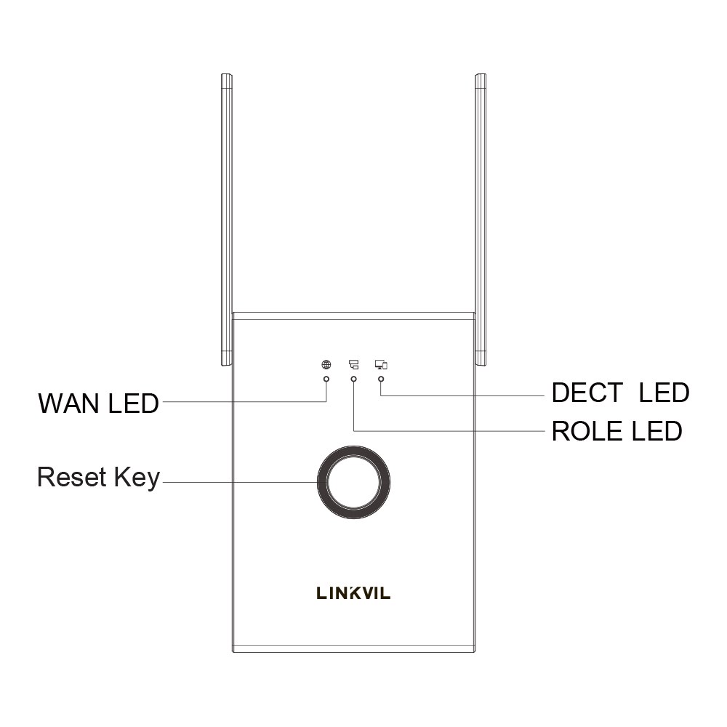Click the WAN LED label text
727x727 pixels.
point(98,403)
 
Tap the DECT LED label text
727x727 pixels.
point(620,393)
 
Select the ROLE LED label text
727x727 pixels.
point(617,431)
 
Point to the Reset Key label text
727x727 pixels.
point(98,477)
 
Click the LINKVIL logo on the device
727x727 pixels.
point(353,593)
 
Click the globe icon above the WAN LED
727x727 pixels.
point(326,365)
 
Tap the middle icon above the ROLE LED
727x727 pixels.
point(354,365)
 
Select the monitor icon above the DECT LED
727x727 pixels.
point(381,365)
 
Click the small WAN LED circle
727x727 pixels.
point(326,379)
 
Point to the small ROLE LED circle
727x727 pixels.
point(354,379)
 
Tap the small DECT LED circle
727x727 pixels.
point(381,379)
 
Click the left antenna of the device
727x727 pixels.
point(226,220)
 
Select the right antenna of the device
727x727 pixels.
point(481,220)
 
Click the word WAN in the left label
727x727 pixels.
point(69,403)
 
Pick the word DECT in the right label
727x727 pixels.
point(587,393)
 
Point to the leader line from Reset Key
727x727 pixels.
point(240,482)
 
